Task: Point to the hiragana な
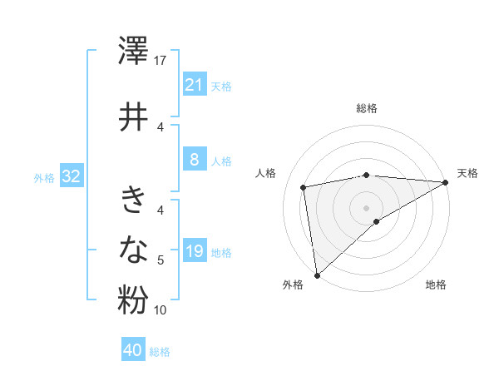pos(133,248)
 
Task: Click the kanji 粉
pos(133,300)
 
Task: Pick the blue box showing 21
pos(194,85)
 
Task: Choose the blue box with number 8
pos(194,160)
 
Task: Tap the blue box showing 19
pos(194,251)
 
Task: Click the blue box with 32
pos(71,176)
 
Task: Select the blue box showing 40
pos(133,350)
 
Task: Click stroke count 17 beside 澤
pos(161,61)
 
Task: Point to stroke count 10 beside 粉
pos(161,310)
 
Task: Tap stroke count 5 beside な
pos(161,260)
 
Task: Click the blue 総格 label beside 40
pos(160,352)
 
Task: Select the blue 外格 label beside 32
pos(44,177)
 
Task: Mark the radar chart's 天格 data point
pos(447,183)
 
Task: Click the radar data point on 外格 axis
pos(317,275)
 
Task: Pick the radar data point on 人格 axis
pos(304,187)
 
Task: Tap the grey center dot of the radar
pos(366,207)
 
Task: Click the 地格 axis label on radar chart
pos(436,285)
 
